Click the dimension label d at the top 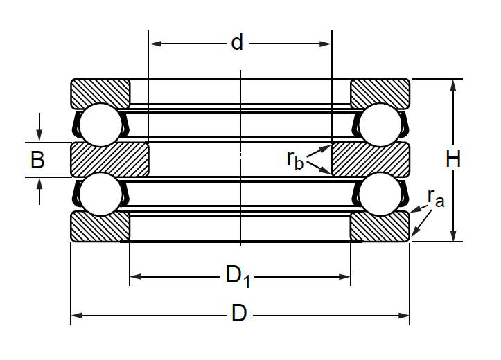click(237, 42)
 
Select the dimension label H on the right click(453, 159)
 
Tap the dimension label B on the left click(37, 159)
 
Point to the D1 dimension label click(238, 276)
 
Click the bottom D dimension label click(239, 313)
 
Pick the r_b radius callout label click(295, 159)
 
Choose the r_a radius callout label click(436, 197)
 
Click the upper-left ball click(100, 125)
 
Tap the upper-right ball click(380, 125)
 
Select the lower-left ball click(100, 194)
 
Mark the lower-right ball click(380, 194)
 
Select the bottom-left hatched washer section click(100, 227)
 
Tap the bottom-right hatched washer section click(380, 227)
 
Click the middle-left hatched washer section click(109, 159)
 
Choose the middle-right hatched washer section click(371, 159)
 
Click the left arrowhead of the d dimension click(155, 44)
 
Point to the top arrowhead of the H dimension click(453, 85)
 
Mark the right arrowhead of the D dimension click(403, 316)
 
